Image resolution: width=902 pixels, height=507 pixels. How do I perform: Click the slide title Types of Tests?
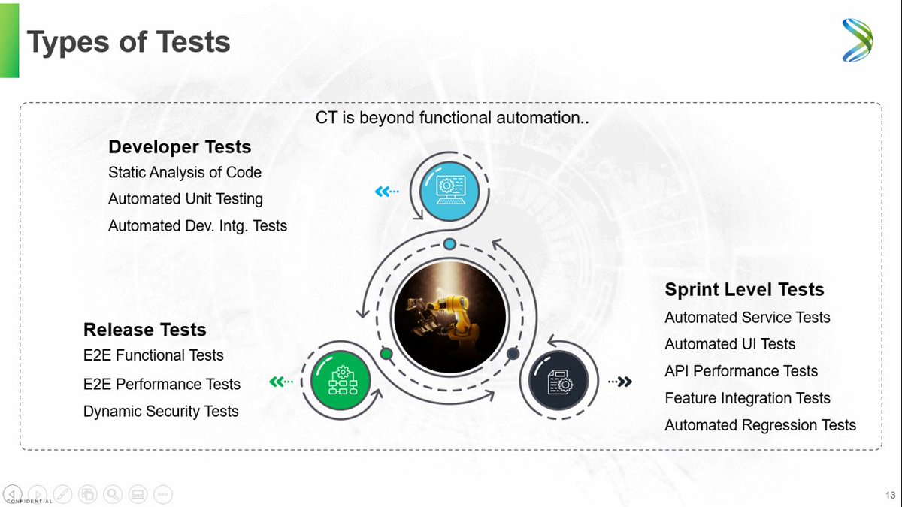129,42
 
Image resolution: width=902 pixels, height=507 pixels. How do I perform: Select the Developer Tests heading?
180,146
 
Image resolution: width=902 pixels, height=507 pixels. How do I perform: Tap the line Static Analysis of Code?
185,172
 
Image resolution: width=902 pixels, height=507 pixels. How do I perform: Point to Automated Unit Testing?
186,199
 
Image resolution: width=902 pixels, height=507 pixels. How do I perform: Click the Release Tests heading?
144,330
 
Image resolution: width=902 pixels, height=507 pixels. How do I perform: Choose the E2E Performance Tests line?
162,384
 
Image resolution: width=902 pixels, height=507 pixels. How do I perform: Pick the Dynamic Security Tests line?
161,412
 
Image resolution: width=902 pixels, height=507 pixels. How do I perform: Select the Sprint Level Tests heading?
744,290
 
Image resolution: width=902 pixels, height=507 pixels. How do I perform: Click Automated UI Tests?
730,344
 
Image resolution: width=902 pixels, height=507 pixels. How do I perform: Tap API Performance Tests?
741,371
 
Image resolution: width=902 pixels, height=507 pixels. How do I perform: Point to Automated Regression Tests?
760,425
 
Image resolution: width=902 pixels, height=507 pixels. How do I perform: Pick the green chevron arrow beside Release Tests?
281,382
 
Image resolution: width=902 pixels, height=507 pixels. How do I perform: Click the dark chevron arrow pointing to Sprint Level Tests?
620,382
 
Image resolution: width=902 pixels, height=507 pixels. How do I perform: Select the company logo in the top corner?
857,41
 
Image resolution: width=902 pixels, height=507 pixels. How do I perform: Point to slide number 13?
890,495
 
